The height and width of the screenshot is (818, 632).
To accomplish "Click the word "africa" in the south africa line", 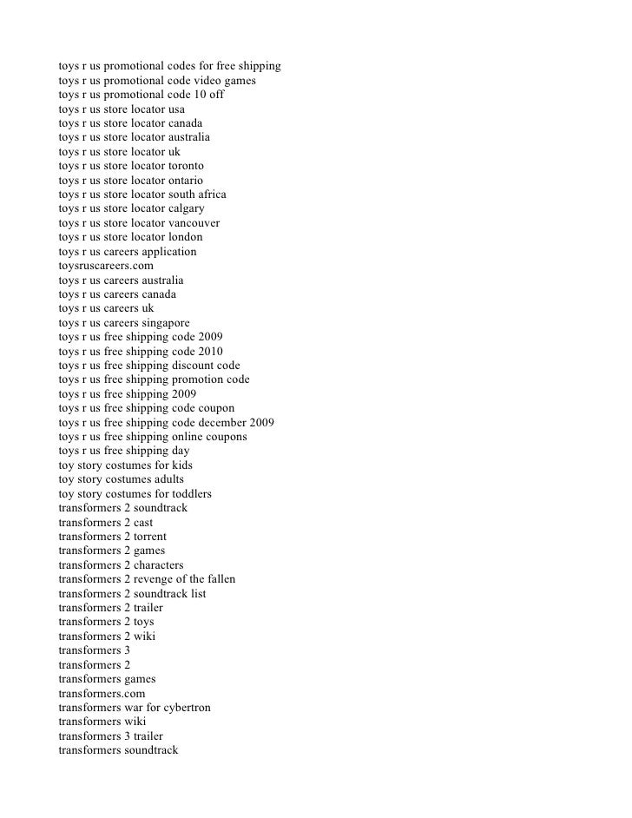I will pyautogui.click(x=208, y=194).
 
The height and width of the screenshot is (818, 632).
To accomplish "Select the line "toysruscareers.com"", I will pyautogui.click(x=106, y=266).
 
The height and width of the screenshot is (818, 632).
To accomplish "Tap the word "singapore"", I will pyautogui.click(x=172, y=322).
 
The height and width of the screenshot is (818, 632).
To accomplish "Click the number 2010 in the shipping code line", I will pyautogui.click(x=210, y=351).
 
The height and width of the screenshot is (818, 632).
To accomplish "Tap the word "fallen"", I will pyautogui.click(x=218, y=578).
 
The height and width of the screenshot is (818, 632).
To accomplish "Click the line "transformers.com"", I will pyautogui.click(x=102, y=693).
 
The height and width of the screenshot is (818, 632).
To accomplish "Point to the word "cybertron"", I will pyautogui.click(x=184, y=707).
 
